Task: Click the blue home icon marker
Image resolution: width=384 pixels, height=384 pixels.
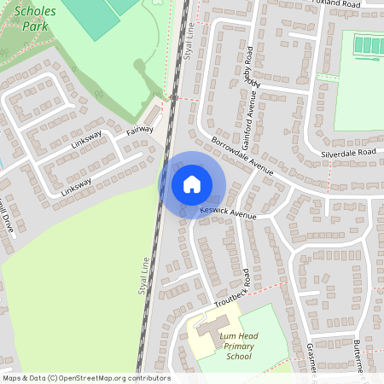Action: (x=192, y=184)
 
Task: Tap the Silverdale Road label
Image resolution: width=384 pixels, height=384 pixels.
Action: (x=348, y=152)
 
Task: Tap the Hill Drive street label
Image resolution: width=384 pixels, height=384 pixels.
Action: (x=6, y=218)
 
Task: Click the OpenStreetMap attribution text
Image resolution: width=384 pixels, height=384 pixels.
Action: (x=85, y=377)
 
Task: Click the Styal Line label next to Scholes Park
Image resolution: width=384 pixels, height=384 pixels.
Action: (x=190, y=36)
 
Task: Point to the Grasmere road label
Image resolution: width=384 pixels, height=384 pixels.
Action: (x=311, y=358)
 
